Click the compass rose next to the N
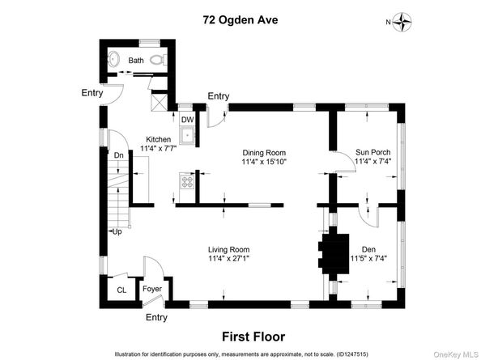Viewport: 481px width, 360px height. coord(402,22)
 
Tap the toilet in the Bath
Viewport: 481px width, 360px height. coord(158,59)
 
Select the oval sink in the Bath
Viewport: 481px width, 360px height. coord(113,58)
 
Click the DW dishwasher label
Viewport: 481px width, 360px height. coord(187,120)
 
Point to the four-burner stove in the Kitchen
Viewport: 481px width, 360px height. coord(187,181)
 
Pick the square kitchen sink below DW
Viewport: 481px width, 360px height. coord(187,135)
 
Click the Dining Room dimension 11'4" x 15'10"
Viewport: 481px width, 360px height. coord(264,162)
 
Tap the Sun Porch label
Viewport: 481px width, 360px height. coord(373,152)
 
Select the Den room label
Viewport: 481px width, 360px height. coord(368,249)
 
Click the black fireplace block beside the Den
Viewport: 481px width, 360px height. coord(334,254)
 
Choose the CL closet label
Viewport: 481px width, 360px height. coord(121,290)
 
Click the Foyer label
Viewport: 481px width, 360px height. coord(152,289)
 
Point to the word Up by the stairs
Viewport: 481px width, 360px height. coord(117,231)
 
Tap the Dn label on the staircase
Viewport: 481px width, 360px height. coord(119,155)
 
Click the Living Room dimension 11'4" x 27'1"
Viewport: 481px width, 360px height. coord(228,258)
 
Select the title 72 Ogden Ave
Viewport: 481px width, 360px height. coord(240,20)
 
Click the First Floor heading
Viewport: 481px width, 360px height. coord(253,337)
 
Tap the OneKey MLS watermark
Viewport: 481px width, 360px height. coord(456,354)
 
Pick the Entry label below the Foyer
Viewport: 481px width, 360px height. coord(156,317)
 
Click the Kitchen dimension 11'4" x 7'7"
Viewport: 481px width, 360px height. coord(158,149)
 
